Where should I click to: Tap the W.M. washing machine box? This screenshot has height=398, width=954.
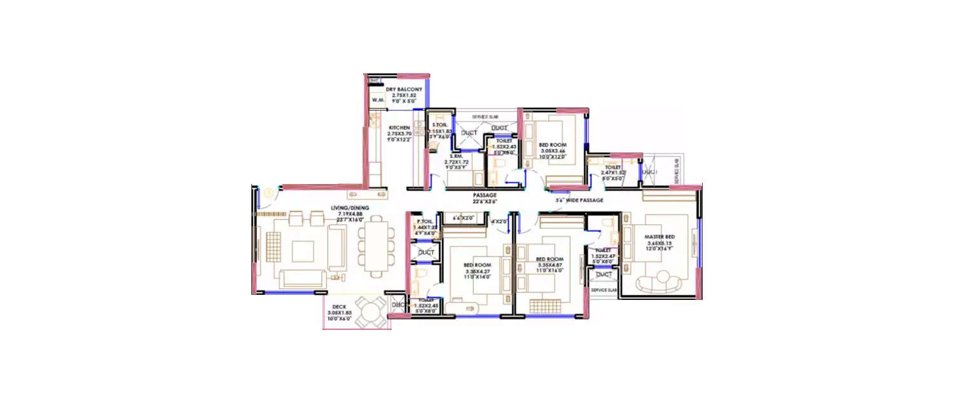pos(378,100)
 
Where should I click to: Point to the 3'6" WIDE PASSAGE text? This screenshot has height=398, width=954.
pos(579,200)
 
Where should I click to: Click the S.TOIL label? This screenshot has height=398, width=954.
pos(439,125)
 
